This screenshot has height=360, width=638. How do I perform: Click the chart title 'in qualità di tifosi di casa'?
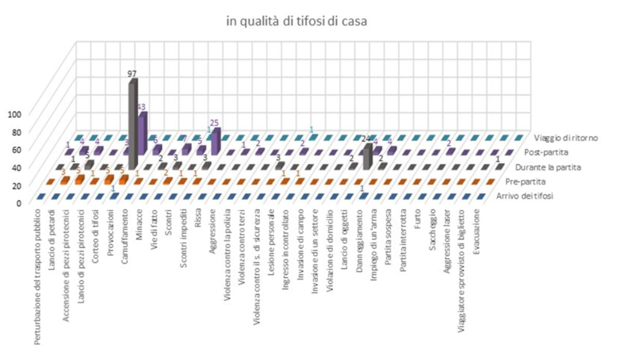click(x=297, y=21)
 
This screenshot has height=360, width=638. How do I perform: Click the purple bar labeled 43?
click(x=143, y=134)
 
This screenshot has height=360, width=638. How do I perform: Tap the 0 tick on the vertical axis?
click(x=18, y=202)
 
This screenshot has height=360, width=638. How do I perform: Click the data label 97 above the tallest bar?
click(x=131, y=73)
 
